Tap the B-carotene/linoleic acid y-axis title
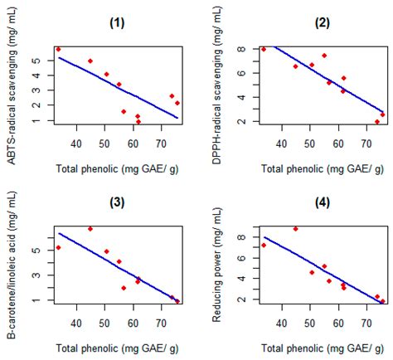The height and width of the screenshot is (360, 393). point(11,264)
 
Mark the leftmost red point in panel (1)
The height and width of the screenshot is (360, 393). point(58,49)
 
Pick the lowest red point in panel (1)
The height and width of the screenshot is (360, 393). point(138,122)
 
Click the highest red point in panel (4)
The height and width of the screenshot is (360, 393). point(296,229)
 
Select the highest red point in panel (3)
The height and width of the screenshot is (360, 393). point(90,229)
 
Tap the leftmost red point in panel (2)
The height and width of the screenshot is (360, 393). point(264,49)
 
